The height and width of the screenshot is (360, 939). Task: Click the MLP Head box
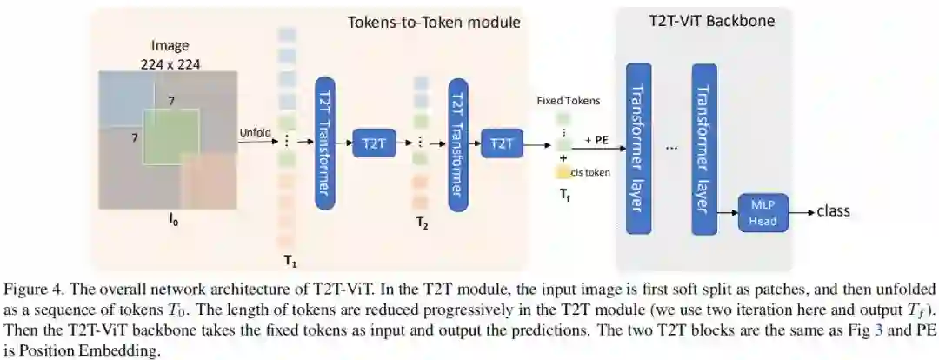762,212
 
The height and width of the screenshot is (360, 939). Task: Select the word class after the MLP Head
834,211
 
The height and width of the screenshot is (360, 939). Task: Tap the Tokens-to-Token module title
434,22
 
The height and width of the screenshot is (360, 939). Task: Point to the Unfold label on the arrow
256,132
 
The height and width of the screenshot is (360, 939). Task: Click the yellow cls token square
563,172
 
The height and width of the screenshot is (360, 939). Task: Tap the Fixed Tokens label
569,101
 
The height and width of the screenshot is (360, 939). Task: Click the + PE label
596,139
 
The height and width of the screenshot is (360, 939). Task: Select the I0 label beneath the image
174,223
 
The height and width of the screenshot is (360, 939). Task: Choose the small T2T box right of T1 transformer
373,143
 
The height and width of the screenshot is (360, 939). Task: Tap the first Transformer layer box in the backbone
637,148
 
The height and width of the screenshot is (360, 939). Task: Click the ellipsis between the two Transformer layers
670,148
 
